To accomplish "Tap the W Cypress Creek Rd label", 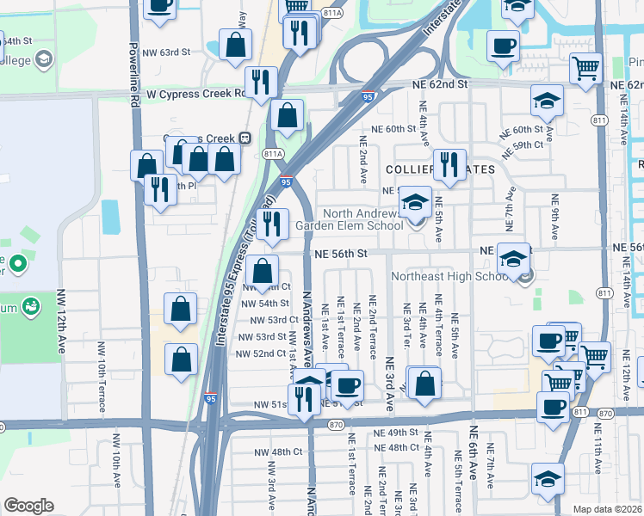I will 195,93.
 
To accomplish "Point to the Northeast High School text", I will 451,277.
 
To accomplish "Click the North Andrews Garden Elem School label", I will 362,219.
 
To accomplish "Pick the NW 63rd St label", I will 166,52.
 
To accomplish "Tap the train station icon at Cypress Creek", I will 245,137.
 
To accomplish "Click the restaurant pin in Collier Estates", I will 449,165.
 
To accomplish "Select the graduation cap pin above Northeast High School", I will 513,257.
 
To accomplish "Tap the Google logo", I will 28,506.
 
